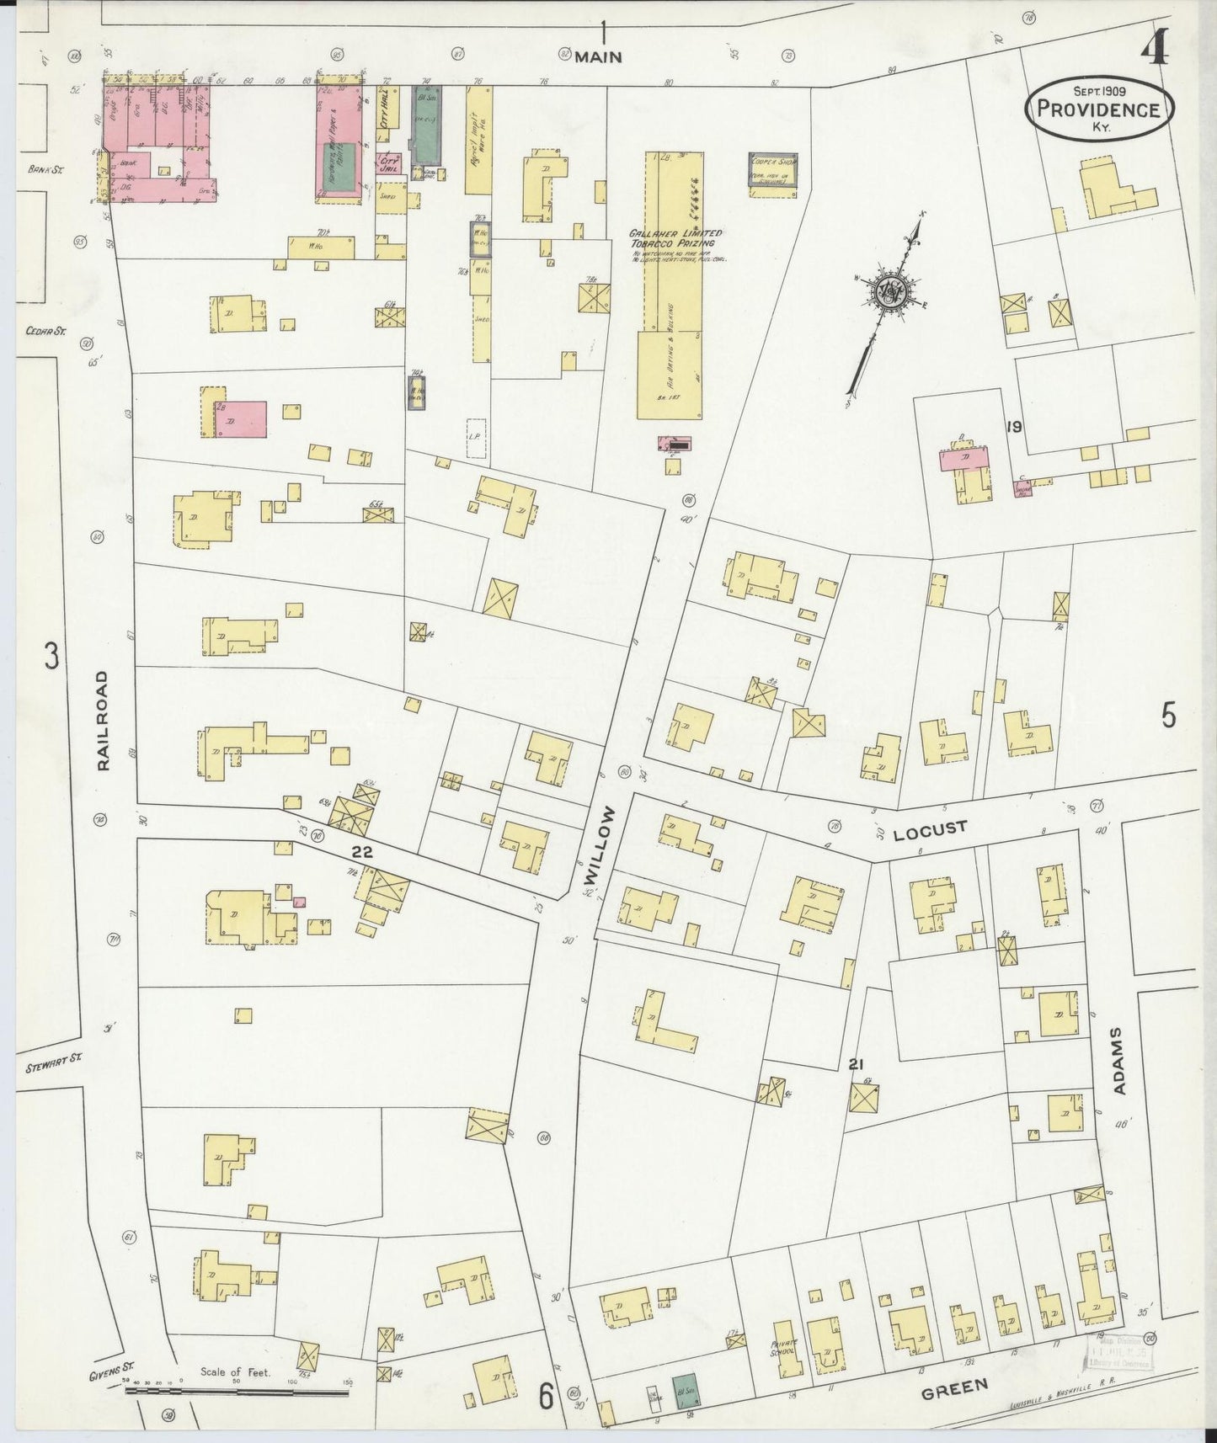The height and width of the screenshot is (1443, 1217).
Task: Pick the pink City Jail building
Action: tap(388, 164)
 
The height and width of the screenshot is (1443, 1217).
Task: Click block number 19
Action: tap(1013, 427)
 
